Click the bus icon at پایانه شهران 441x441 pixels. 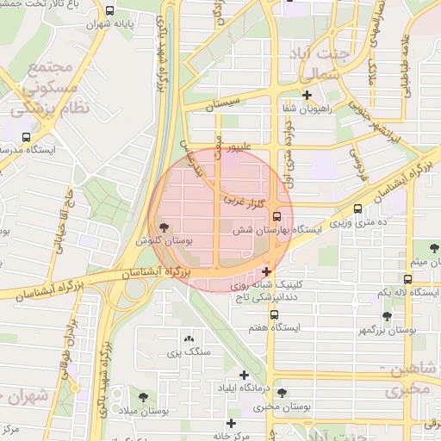pos(109,11)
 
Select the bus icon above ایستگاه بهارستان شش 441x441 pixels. pos(276,216)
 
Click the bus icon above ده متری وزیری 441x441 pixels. pos(358,208)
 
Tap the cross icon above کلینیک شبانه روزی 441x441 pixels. pos(267,271)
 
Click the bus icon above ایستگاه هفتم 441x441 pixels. pos(274,314)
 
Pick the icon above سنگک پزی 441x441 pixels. pos(189,339)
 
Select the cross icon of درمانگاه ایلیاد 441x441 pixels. pos(245,375)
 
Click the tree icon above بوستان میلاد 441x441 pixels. pos(143,397)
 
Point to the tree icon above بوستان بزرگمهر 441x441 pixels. pos(388,316)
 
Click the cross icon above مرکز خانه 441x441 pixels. pos(231,423)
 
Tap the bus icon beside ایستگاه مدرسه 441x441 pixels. pos(25,136)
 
